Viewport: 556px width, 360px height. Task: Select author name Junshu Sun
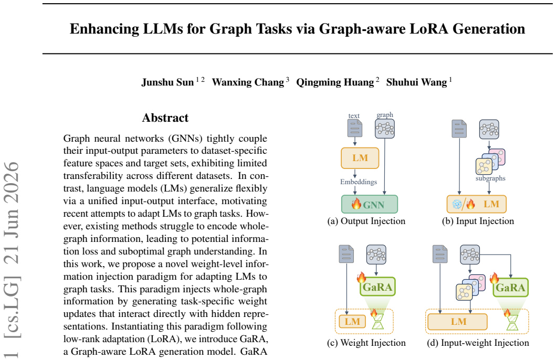pos(167,82)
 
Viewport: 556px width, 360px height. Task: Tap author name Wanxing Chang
pos(248,82)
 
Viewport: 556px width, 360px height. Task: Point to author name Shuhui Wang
pos(416,82)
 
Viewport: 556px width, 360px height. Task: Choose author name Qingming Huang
pos(335,82)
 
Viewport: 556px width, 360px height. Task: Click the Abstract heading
pos(165,118)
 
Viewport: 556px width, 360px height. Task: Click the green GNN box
pos(370,205)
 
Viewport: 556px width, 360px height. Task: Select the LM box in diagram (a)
pos(360,158)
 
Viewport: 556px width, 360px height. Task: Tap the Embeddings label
pos(359,182)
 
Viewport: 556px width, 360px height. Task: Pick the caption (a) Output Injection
pos(366,221)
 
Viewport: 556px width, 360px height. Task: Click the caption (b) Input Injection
pos(478,221)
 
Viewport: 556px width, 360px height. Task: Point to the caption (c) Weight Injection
pos(366,343)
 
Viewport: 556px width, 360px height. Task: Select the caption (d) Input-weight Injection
pos(478,343)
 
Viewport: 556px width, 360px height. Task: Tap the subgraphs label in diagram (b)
pos(490,178)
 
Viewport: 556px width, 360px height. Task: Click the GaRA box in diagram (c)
pos(377,287)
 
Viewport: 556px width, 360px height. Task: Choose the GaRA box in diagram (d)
pos(511,288)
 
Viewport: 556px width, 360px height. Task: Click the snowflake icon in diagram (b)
pos(457,204)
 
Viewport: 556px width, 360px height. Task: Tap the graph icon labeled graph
pos(385,129)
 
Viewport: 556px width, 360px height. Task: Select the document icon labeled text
pos(355,128)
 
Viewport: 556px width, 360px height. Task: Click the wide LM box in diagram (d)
pos(457,322)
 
